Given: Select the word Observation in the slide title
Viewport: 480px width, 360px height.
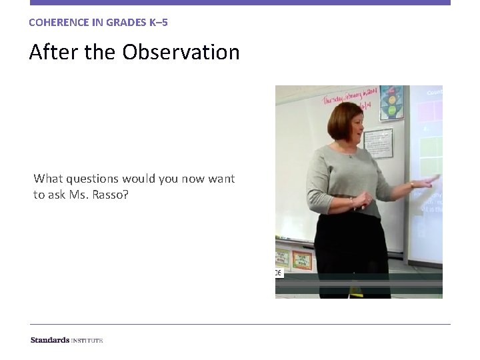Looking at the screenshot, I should pos(181,52).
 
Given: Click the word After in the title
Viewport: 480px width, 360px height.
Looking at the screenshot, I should pos(51,52).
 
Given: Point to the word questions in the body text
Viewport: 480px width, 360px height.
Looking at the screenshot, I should pos(92,179).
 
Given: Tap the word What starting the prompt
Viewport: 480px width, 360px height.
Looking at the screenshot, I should pos(47,179).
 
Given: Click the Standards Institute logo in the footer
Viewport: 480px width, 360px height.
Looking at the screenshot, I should pos(67,340).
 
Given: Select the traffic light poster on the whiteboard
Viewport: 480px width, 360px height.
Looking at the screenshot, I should pos(391,103).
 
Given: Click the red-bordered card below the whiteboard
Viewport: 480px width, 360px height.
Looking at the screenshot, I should pos(302,259).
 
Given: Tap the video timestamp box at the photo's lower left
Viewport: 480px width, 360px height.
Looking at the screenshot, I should pos(279,273).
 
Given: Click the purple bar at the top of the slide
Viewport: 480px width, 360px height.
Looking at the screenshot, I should pos(240,3).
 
